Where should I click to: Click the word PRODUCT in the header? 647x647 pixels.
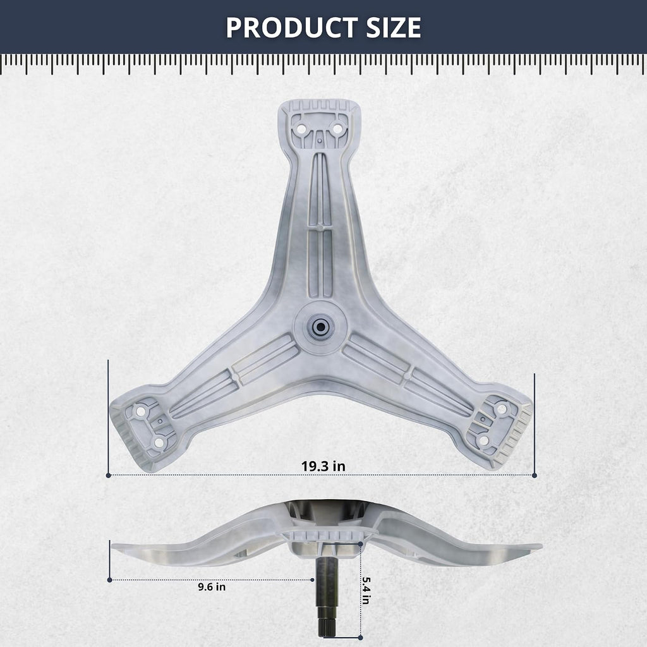coord(291,28)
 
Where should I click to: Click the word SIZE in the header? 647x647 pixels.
coord(394,28)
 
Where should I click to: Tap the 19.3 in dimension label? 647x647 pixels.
coord(323,466)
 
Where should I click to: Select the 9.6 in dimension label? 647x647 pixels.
coord(212,587)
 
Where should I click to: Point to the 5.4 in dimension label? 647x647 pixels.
coord(366,591)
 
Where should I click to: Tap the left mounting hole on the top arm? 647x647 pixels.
coord(301,129)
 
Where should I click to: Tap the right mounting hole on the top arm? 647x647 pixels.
coord(337,129)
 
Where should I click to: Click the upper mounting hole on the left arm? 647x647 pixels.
coord(141,411)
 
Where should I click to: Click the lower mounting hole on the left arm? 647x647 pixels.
coord(159,443)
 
